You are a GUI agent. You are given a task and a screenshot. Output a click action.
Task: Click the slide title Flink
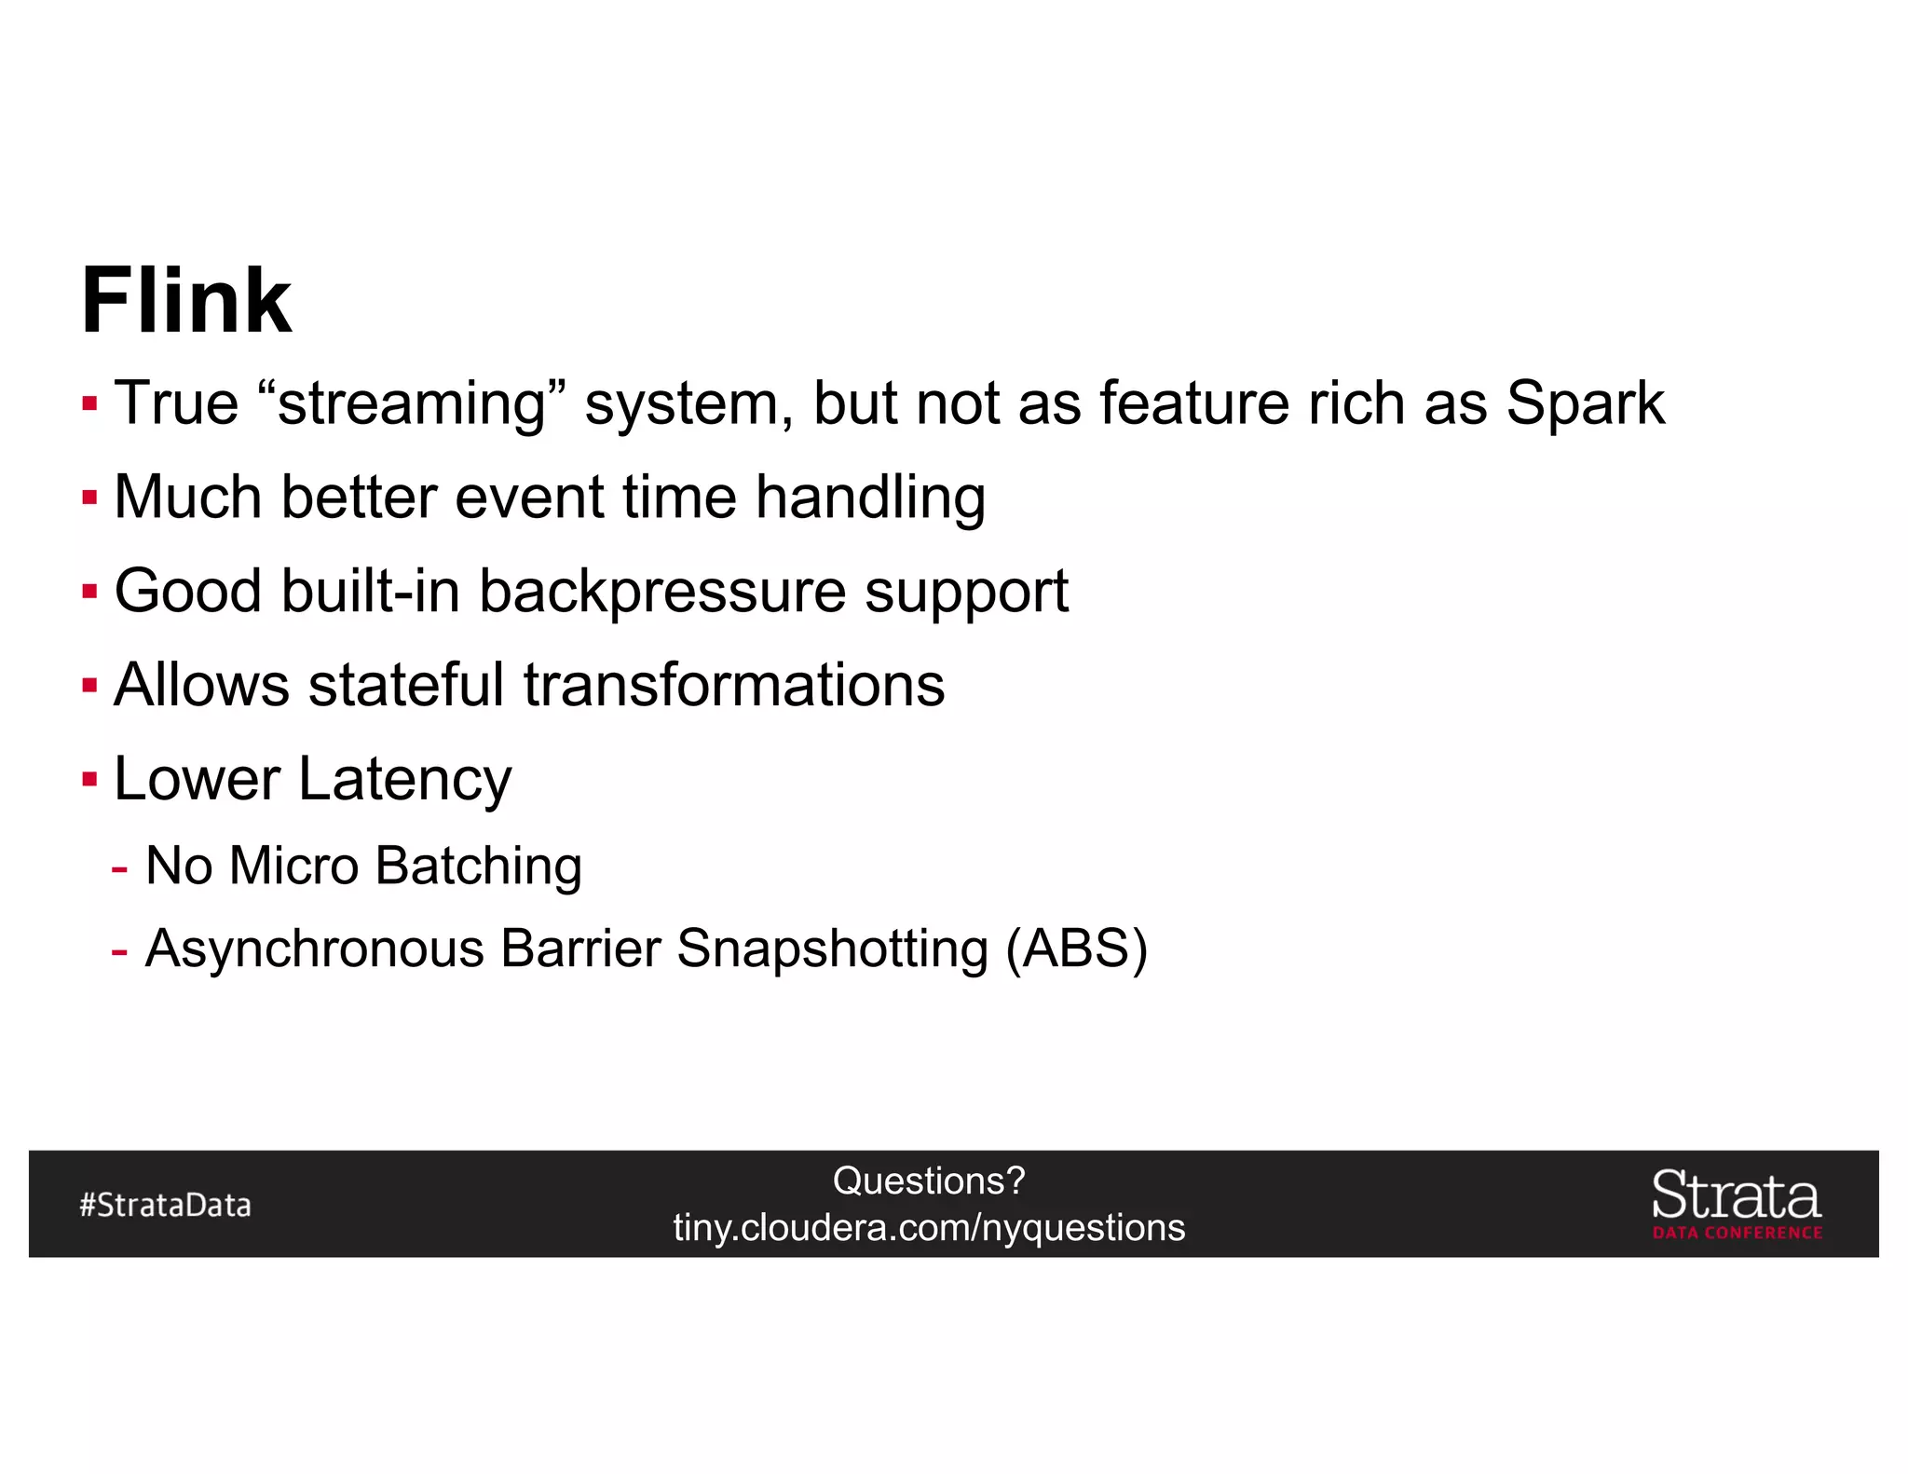click(x=186, y=301)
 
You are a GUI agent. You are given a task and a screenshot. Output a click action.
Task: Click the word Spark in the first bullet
click(x=1585, y=403)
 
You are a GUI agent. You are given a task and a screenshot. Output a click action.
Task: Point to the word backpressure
click(x=661, y=593)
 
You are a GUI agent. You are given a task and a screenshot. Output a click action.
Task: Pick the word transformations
click(x=734, y=685)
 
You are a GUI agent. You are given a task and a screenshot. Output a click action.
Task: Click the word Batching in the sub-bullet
click(x=479, y=867)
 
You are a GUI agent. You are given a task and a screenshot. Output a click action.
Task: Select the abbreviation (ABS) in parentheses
click(x=1076, y=949)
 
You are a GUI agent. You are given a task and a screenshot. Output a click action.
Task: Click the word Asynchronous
click(x=315, y=949)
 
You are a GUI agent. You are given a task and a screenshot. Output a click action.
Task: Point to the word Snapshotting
click(x=831, y=949)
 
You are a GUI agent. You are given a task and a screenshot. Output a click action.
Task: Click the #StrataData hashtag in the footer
click(x=165, y=1205)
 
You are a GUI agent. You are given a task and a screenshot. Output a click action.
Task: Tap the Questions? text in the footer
click(x=928, y=1181)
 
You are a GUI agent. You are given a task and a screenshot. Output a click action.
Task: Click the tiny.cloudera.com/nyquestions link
click(x=928, y=1228)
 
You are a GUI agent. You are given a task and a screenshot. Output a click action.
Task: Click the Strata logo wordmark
click(x=1736, y=1195)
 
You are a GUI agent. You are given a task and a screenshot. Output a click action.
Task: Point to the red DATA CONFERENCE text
click(x=1737, y=1233)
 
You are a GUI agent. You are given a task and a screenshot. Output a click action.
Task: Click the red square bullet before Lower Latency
click(x=89, y=779)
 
